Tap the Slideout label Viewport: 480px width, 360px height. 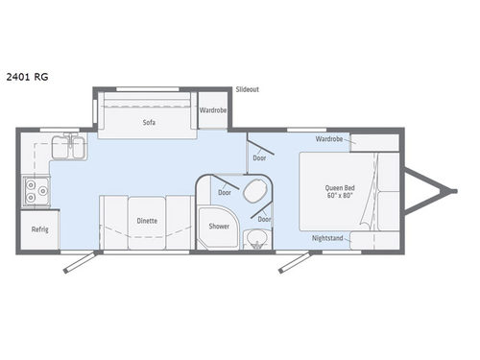click(x=248, y=89)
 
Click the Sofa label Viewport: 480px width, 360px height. click(x=149, y=123)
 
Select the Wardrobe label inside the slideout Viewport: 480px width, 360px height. click(x=213, y=110)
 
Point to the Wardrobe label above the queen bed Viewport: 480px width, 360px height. click(x=329, y=139)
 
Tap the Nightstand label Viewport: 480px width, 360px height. click(x=328, y=237)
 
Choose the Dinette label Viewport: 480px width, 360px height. click(x=147, y=220)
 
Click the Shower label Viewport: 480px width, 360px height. click(x=219, y=227)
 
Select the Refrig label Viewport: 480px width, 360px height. click(x=39, y=229)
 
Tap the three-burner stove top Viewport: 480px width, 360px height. click(x=36, y=192)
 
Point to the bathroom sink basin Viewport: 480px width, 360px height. click(x=255, y=239)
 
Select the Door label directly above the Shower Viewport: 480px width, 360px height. click(x=224, y=192)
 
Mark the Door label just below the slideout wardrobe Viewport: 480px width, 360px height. click(x=259, y=158)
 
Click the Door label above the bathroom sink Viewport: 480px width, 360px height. click(x=263, y=219)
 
